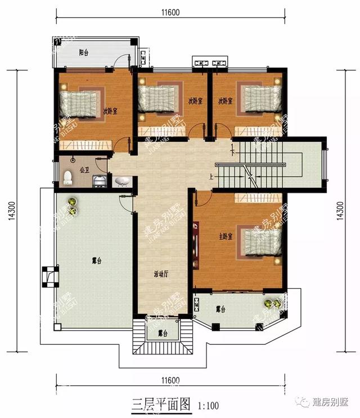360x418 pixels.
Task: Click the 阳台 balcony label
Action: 84,52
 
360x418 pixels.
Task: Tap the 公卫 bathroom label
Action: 84,169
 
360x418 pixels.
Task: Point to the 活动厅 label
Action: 163,275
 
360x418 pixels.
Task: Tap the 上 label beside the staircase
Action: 211,176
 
